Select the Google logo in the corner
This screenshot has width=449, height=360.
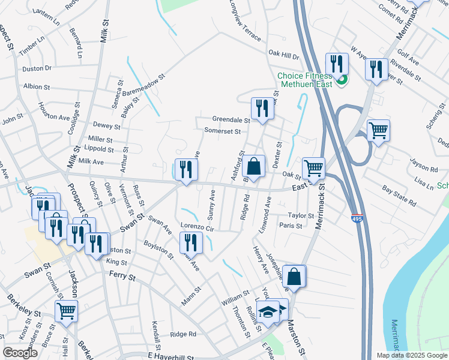tap(20, 353)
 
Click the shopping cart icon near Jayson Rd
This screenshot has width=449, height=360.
tap(378, 130)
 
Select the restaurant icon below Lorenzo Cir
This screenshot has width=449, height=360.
tap(191, 242)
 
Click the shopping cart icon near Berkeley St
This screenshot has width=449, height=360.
tap(66, 311)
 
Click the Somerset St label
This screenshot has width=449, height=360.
tap(222, 131)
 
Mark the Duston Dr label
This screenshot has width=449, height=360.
tap(37, 69)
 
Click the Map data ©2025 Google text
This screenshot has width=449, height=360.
tap(411, 355)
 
